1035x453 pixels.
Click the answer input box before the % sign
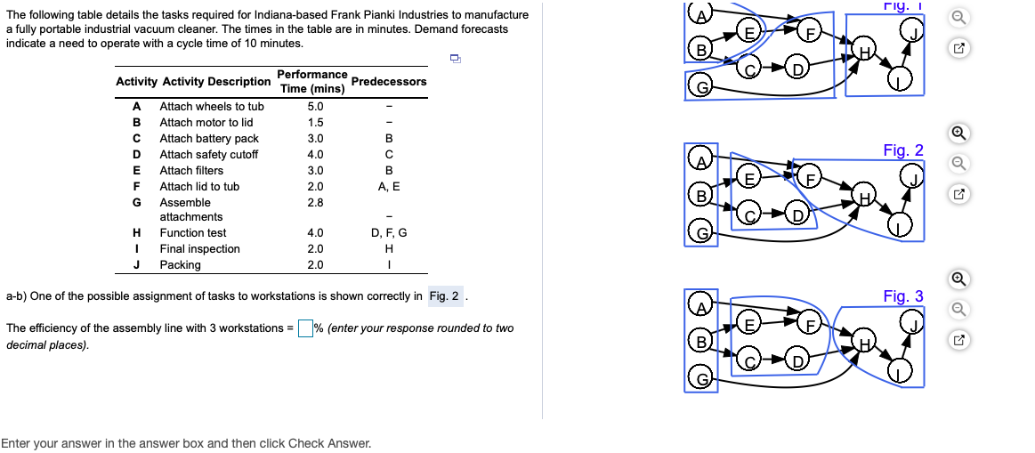pyautogui.click(x=305, y=328)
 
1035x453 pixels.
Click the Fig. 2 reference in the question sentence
pyautogui.click(x=445, y=296)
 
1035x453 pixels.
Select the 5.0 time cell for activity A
pyautogui.click(x=315, y=107)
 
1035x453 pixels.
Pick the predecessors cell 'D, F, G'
pyautogui.click(x=389, y=233)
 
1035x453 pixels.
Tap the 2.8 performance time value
pyautogui.click(x=315, y=203)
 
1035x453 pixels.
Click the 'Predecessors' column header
pyautogui.click(x=389, y=82)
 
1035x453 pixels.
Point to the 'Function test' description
pyautogui.click(x=193, y=233)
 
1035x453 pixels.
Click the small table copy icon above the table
pyautogui.click(x=455, y=59)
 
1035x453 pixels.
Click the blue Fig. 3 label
pyautogui.click(x=903, y=296)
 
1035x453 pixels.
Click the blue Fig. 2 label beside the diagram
pyautogui.click(x=903, y=150)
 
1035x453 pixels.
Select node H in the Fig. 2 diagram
pyautogui.click(x=861, y=196)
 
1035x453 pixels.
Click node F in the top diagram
pyautogui.click(x=810, y=34)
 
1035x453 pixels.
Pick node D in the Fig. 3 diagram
pyautogui.click(x=798, y=360)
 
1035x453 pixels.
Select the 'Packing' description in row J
pyautogui.click(x=180, y=265)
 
